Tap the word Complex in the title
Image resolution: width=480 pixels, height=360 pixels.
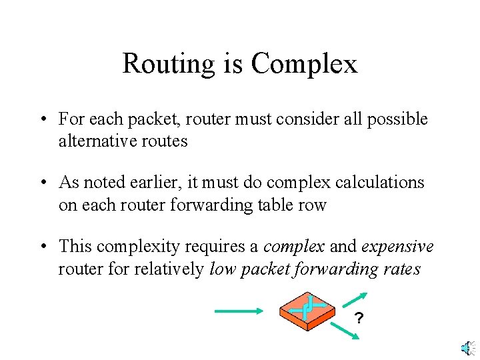coord(305,64)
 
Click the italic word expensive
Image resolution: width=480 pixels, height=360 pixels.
coord(398,247)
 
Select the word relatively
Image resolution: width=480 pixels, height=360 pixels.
coord(173,269)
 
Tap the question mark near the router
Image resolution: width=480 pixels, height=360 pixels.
coord(359,319)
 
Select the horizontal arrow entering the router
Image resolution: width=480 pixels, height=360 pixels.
coord(239,309)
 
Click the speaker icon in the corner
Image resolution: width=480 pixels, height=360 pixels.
coord(466,347)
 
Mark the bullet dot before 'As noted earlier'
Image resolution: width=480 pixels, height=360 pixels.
coord(42,183)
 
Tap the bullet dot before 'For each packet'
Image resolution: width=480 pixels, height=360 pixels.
coord(42,120)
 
